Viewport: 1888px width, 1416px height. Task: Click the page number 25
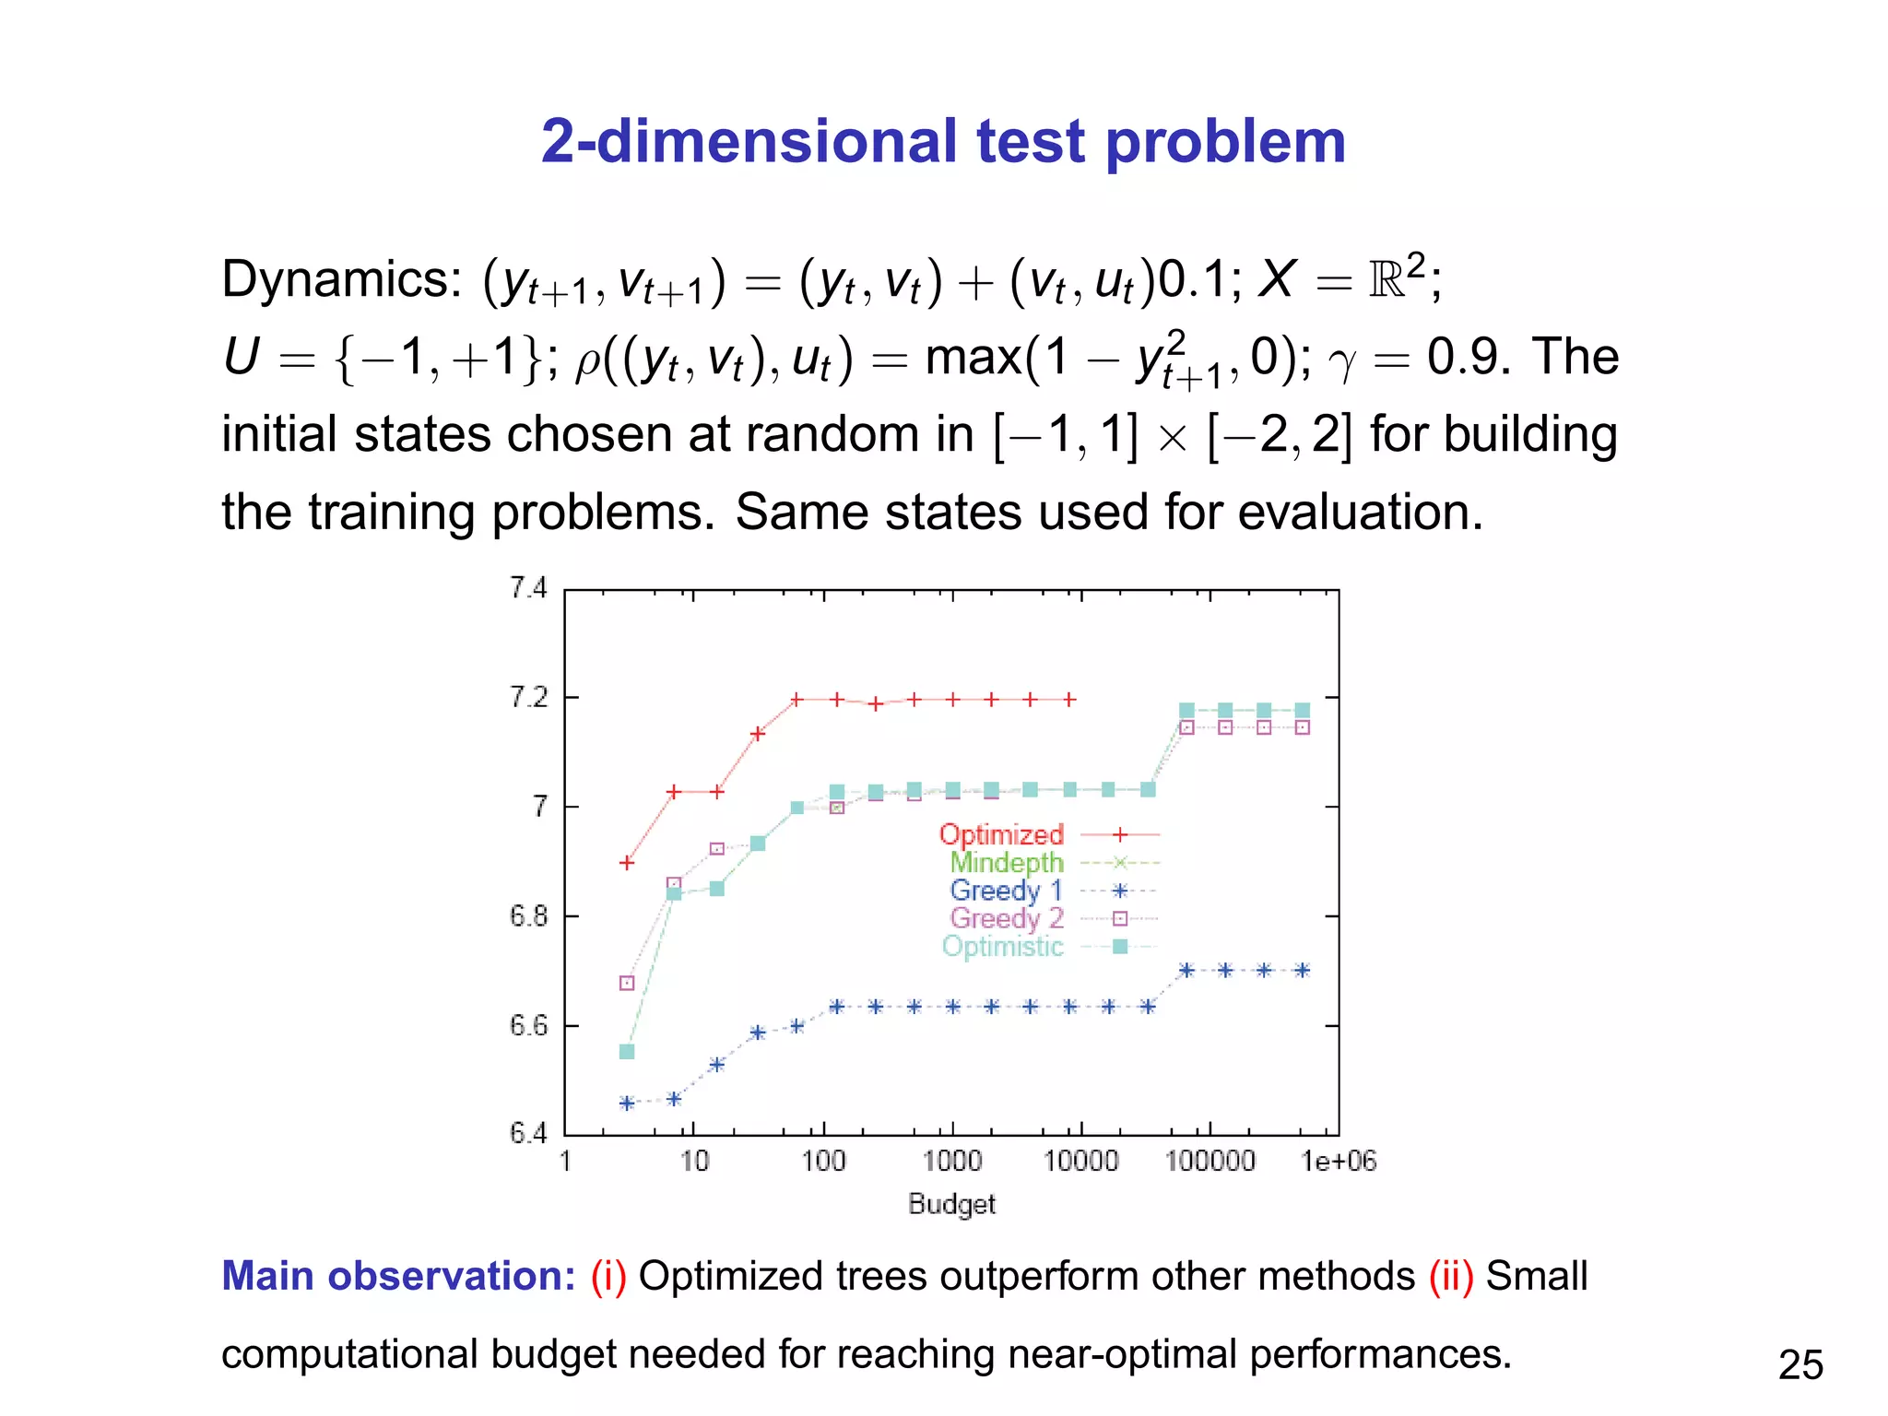point(1799,1364)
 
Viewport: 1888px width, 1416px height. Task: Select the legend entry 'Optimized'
point(1001,834)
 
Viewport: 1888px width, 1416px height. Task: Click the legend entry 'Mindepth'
point(1006,863)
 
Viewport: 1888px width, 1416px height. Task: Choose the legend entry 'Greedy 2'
point(1006,918)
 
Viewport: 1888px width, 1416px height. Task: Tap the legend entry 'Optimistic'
point(1002,947)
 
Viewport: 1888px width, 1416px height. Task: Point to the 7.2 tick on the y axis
point(528,698)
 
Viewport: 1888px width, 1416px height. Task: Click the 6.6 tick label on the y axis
point(528,1025)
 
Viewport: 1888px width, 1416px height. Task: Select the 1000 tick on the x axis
point(951,1161)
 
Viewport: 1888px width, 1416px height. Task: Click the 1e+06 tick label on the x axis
point(1338,1162)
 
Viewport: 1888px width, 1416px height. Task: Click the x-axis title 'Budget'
point(951,1204)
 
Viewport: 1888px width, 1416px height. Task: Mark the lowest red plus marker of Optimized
point(627,863)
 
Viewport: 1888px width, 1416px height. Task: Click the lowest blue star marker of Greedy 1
point(627,1103)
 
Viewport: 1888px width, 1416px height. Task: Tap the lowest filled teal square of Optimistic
point(627,1052)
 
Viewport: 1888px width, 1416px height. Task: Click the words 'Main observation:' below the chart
point(398,1276)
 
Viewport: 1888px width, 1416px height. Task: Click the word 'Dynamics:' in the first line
point(341,279)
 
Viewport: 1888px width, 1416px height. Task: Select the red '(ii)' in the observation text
point(1451,1276)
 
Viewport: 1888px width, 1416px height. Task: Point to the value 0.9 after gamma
point(1467,357)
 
